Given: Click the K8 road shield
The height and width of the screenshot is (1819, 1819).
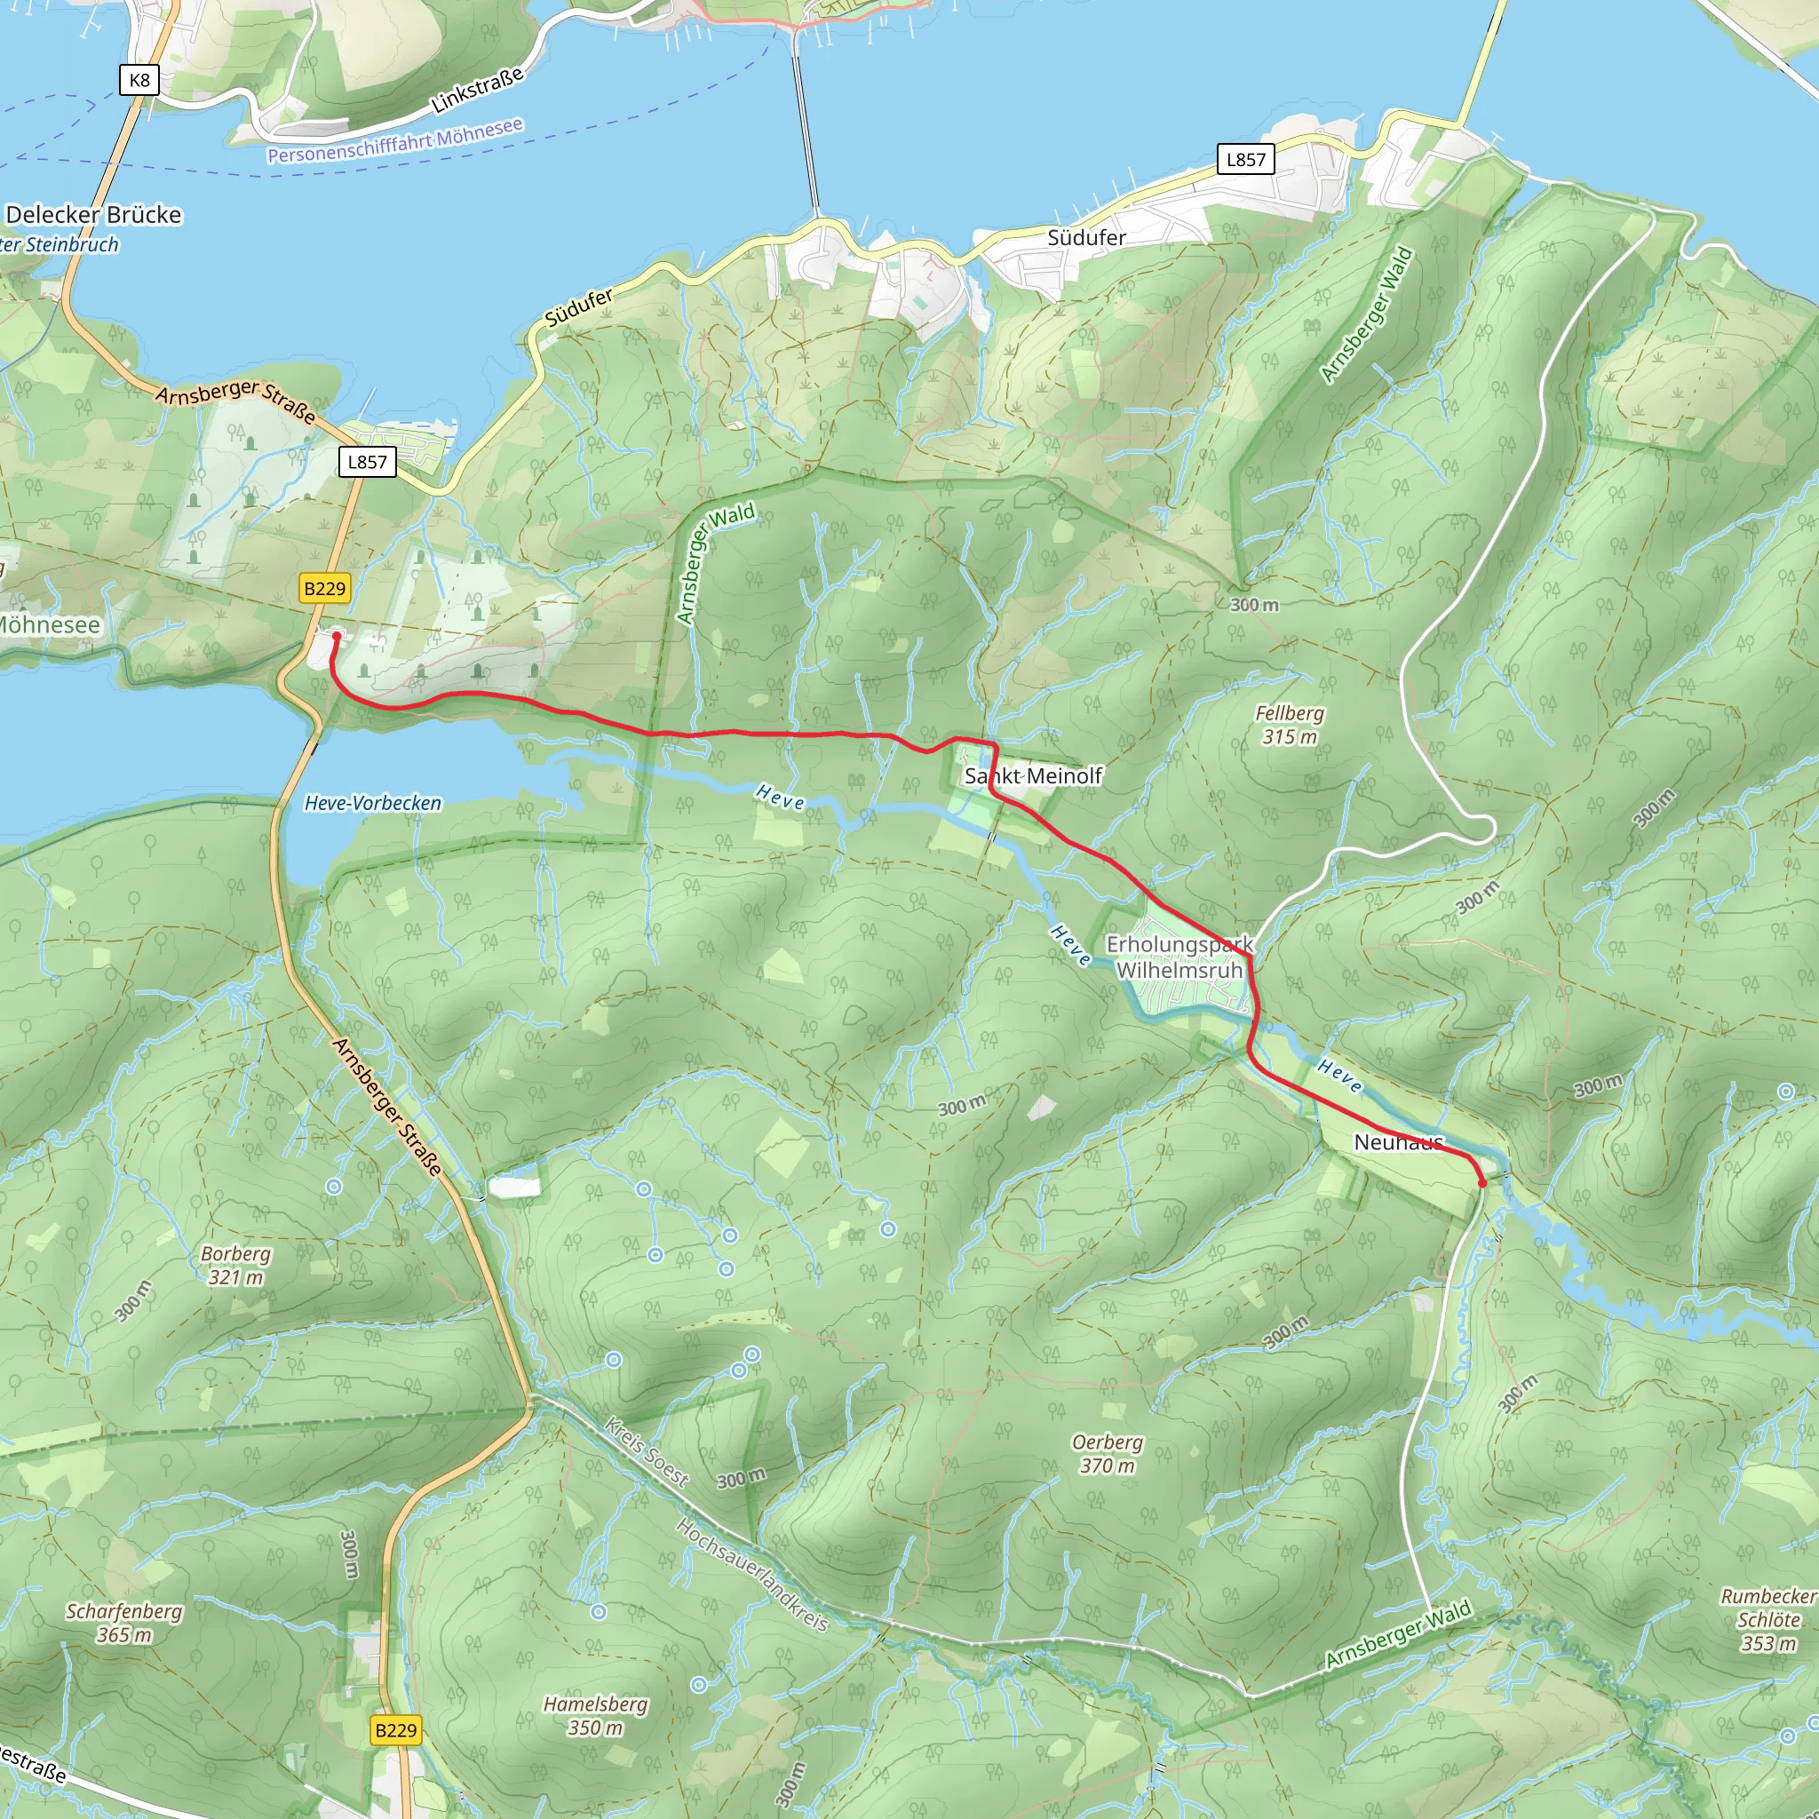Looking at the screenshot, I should [139, 80].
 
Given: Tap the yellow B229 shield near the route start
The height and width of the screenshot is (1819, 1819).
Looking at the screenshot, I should [325, 589].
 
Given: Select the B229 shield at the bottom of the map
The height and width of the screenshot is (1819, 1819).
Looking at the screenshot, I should [395, 1729].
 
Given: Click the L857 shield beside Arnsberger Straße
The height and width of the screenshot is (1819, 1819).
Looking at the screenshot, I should [367, 461].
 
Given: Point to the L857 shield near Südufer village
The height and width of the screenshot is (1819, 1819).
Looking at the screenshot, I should [1245, 159].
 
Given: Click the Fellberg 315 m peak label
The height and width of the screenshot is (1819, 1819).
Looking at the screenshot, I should [1289, 725].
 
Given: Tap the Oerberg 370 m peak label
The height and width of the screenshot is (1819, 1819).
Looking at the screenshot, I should [1108, 1454].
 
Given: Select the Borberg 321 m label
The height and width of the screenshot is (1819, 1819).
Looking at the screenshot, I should [235, 1266].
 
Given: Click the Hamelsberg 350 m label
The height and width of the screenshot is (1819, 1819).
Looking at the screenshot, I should [595, 1715].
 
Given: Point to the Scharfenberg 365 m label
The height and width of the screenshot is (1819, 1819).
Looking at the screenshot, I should [124, 1622].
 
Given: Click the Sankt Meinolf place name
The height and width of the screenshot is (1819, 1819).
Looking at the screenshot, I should [1033, 775].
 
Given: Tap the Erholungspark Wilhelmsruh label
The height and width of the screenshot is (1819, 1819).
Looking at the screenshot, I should [1179, 957].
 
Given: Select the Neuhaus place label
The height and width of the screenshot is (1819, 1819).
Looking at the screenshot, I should [1398, 1142].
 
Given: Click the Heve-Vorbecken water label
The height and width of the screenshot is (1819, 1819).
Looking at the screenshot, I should [373, 803].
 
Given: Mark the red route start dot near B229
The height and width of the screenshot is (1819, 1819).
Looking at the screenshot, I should [336, 637].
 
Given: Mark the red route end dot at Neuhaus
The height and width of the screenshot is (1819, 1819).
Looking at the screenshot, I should [1482, 1183].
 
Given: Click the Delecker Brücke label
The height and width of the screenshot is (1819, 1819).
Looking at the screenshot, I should [93, 215].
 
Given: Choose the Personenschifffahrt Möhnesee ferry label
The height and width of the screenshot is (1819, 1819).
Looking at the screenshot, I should [394, 140].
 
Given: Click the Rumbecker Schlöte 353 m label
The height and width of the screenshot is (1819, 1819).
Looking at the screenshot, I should [1768, 1619].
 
